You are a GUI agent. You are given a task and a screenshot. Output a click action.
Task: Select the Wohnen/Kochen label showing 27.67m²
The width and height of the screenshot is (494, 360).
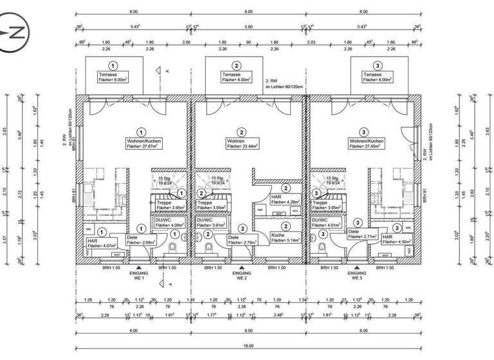141,143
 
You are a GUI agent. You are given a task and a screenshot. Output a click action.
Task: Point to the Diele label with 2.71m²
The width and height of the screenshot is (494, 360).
361,235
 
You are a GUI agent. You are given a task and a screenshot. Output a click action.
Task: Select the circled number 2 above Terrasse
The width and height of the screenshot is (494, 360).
236,66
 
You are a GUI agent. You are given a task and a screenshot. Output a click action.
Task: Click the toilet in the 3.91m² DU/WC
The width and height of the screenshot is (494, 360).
208,248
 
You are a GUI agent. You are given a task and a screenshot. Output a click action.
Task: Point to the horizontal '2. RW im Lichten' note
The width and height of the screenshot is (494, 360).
284,84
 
